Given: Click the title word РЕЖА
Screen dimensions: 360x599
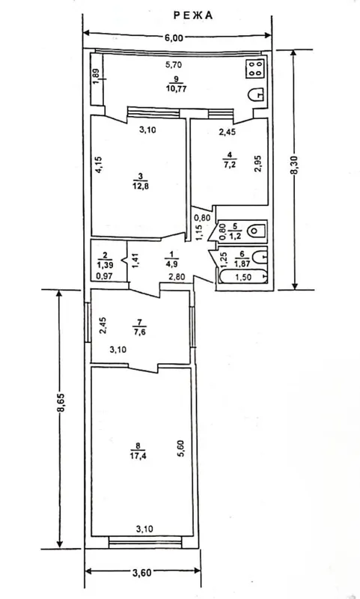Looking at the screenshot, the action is (x=193, y=16).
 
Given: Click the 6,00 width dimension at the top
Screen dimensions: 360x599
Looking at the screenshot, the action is (x=174, y=37).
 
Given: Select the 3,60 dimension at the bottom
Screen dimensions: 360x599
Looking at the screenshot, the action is (x=142, y=572).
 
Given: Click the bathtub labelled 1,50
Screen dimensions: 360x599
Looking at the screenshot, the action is (x=242, y=276).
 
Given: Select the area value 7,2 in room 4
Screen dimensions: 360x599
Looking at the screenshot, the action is (x=229, y=165).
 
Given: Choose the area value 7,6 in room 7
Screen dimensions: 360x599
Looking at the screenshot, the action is (x=139, y=332).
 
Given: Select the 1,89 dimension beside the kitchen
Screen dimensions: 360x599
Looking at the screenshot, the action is (x=97, y=78).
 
